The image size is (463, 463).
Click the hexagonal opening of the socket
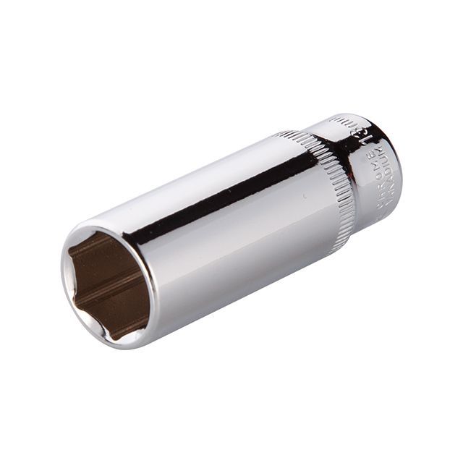(x=108, y=286)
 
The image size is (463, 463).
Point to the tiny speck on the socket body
(x=304, y=196)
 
